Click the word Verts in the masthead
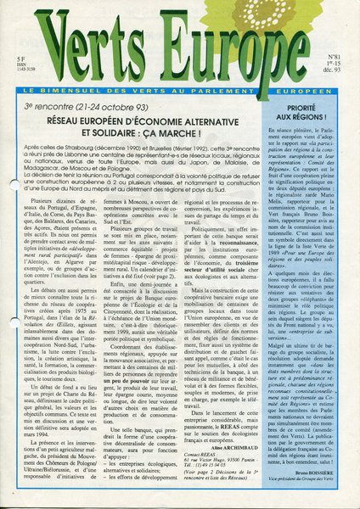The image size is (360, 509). pos(90,43)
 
